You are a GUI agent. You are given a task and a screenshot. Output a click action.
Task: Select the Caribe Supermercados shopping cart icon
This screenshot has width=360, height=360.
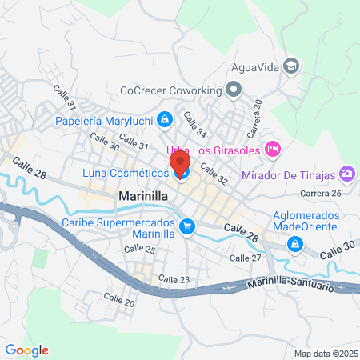point(187,226)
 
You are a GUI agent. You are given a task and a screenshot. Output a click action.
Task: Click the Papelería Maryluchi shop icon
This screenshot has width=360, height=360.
point(164,120)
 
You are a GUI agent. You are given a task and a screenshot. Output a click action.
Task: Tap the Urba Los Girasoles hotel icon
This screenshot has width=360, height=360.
point(272,148)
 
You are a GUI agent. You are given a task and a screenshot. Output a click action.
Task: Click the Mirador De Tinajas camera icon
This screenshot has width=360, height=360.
point(346,173)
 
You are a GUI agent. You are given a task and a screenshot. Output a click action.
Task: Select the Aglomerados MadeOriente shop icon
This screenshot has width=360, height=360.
point(295,243)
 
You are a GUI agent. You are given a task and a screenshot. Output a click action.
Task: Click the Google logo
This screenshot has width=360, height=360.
point(26,350)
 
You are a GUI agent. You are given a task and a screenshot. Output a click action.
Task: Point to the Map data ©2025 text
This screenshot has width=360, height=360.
point(324,354)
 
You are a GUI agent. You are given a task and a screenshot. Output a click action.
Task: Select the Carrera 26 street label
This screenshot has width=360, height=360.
point(320,194)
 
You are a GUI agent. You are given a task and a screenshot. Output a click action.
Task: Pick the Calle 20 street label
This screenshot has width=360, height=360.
point(119,300)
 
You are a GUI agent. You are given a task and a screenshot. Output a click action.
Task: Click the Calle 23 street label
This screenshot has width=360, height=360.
point(174,278)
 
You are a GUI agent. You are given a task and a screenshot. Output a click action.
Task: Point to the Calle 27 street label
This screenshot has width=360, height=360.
point(245,258)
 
